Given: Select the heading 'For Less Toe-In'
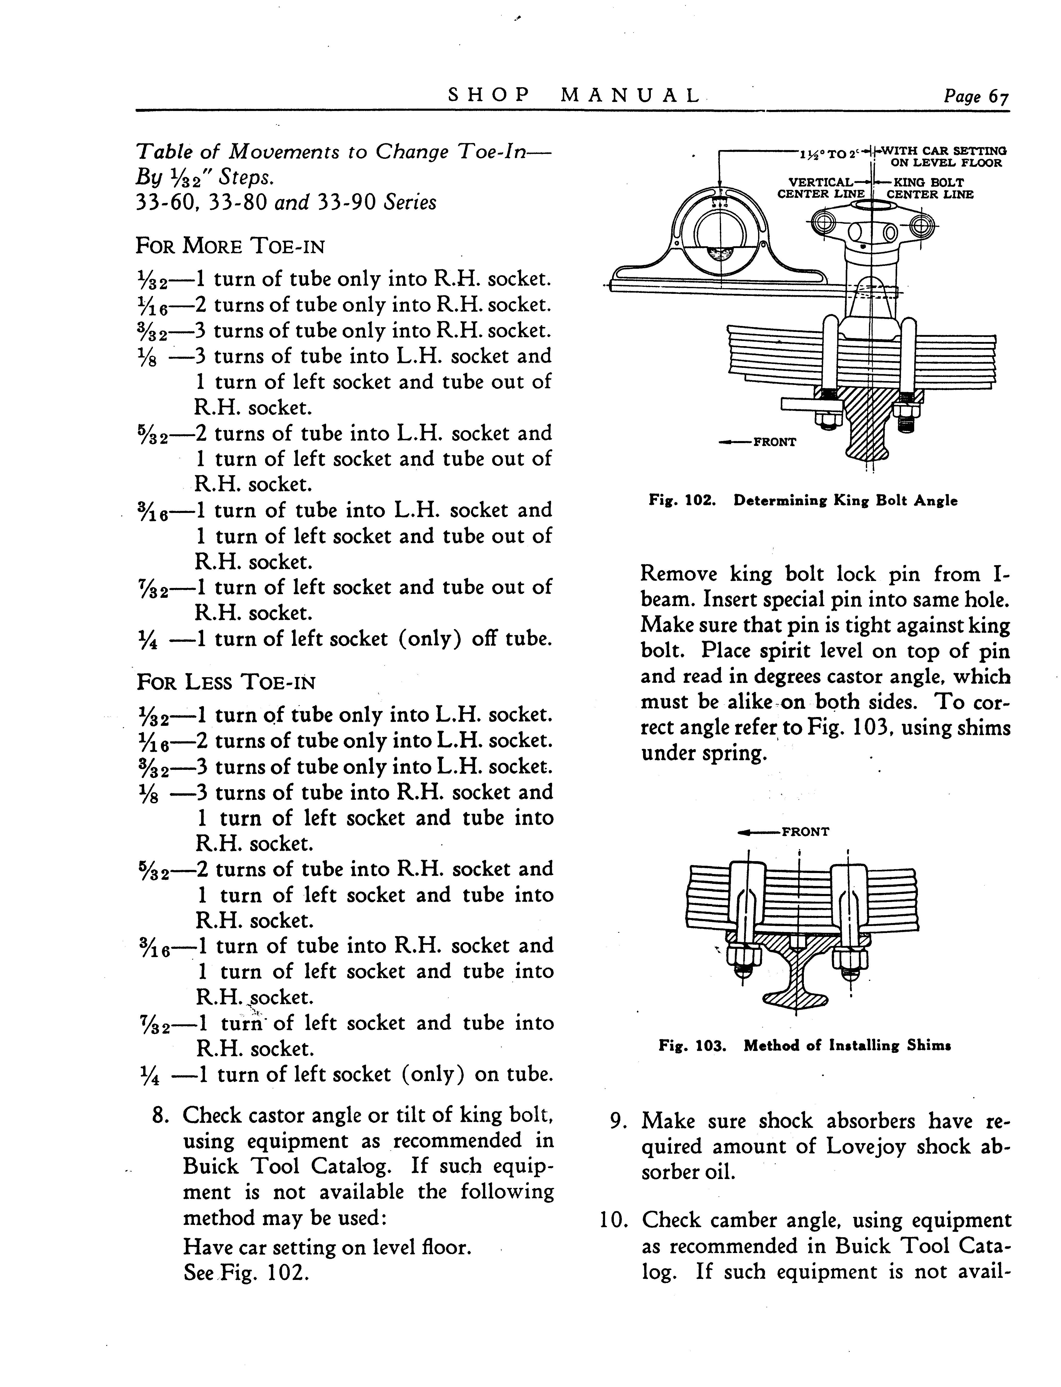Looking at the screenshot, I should (225, 682).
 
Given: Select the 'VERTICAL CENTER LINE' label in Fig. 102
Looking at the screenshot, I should (820, 188).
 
